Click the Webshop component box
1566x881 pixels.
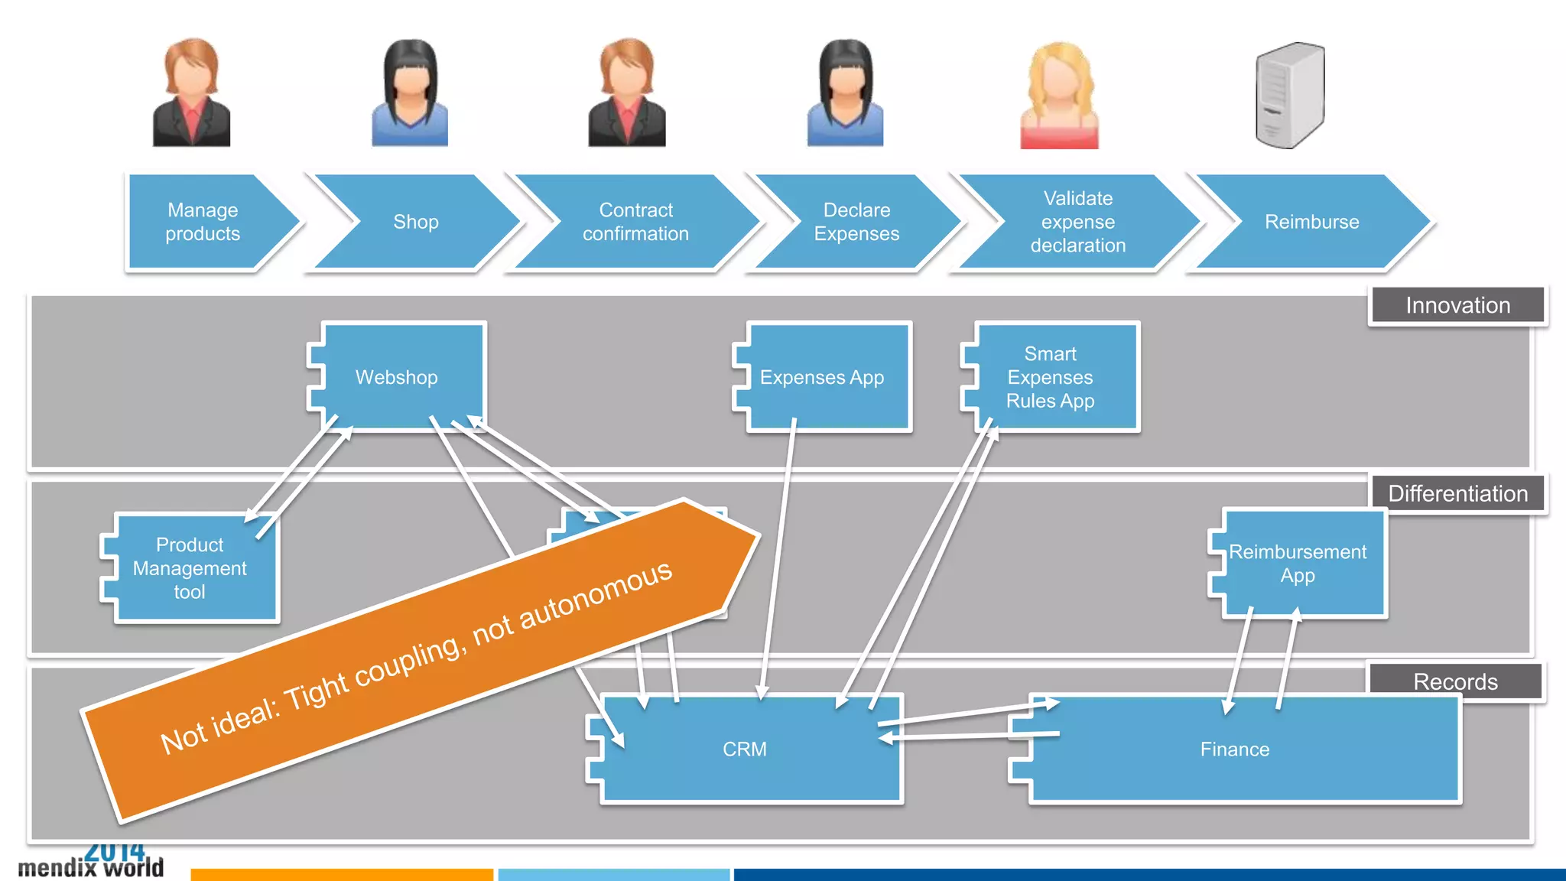[x=397, y=377]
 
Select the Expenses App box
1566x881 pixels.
[x=823, y=377]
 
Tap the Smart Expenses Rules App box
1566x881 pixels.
[x=1051, y=377]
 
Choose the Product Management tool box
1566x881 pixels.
[x=190, y=567]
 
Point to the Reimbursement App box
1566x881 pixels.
[x=1298, y=564]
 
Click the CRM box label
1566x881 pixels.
[x=745, y=749]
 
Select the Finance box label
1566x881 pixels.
[x=1234, y=749]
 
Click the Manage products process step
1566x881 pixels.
[x=203, y=222]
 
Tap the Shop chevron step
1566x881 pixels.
[x=416, y=222]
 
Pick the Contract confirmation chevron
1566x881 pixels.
[x=635, y=222]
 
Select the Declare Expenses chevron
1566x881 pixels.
[x=856, y=222]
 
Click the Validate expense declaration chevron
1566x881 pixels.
[x=1077, y=222]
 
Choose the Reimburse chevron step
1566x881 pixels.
[x=1311, y=222]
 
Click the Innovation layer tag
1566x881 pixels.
[x=1457, y=305]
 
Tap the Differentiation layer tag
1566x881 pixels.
[x=1457, y=493]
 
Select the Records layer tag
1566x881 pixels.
[x=1455, y=681]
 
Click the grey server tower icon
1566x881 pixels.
[x=1290, y=95]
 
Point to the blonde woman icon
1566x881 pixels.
[x=1060, y=95]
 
